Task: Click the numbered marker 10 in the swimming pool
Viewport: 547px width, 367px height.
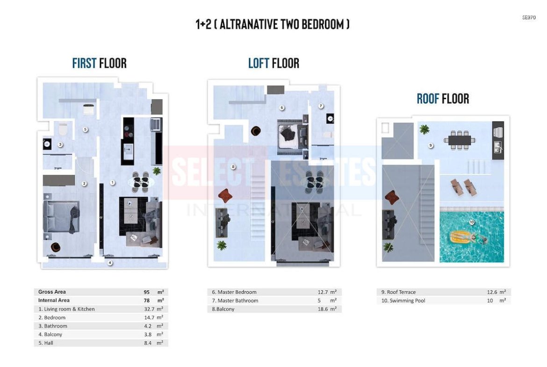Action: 472,222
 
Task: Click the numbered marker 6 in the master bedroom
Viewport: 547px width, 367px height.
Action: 282,108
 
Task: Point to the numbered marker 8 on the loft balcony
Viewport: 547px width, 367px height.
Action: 233,167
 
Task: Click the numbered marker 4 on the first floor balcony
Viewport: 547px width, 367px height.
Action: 110,263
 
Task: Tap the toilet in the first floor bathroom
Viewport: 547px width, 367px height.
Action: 63,129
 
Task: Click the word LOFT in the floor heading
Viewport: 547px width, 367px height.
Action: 259,63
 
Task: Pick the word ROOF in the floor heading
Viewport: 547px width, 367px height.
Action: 428,99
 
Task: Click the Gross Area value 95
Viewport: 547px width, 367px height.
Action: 146,292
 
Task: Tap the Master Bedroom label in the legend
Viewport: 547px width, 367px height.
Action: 237,292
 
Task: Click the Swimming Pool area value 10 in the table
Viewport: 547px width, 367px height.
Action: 490,301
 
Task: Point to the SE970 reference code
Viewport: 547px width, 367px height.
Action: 529,17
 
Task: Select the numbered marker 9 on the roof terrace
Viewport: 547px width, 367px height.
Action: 431,145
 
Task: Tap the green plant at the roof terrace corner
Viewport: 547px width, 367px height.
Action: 424,130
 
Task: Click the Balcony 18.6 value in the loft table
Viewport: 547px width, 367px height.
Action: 323,309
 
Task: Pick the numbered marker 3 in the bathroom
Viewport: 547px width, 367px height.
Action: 60,144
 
